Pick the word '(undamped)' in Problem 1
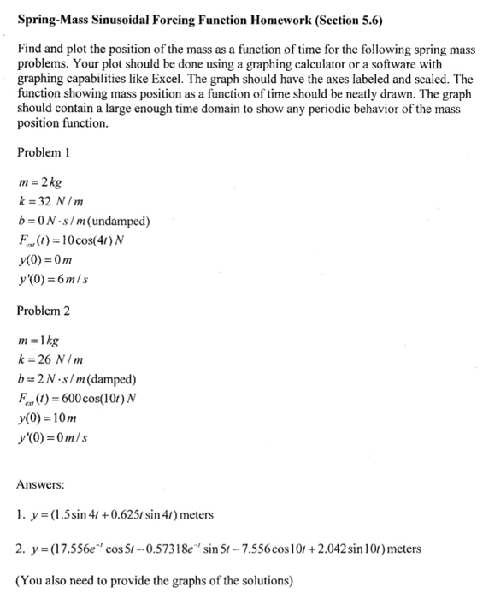point(120,222)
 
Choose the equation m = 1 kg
point(39,341)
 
